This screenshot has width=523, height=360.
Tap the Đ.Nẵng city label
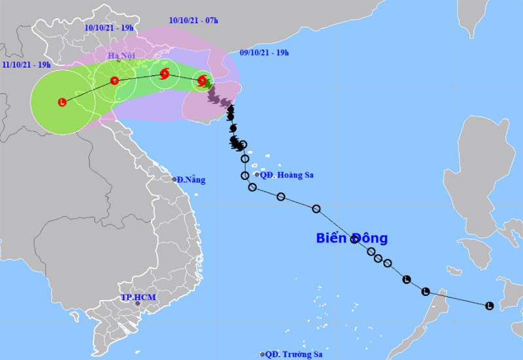coord(190,179)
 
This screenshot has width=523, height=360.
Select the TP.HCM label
coord(138,297)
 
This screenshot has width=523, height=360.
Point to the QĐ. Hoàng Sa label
coord(286,174)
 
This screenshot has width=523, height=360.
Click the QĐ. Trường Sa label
coord(290,354)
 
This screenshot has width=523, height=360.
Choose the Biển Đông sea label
coord(352,238)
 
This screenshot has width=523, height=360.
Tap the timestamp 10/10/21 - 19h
coord(109,27)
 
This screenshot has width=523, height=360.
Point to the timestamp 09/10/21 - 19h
coord(265,51)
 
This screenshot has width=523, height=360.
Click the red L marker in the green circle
coord(62,102)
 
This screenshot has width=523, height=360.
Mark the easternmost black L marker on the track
coord(490,305)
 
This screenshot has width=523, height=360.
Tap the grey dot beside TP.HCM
coord(137,303)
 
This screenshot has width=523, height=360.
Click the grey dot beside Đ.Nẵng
coord(175,179)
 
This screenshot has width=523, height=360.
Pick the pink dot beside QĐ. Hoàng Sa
coord(257,174)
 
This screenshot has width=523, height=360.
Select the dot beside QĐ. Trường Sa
coord(263,354)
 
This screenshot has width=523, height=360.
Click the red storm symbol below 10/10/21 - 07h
coord(164,74)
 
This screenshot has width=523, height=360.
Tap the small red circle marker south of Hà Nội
coord(114,81)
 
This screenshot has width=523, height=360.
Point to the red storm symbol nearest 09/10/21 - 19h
coord(203,81)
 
